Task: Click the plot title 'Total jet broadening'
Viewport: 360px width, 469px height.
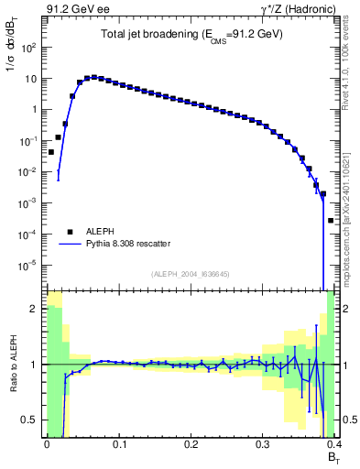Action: [x=191, y=34]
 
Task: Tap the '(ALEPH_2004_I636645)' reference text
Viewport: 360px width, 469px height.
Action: [x=191, y=274]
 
